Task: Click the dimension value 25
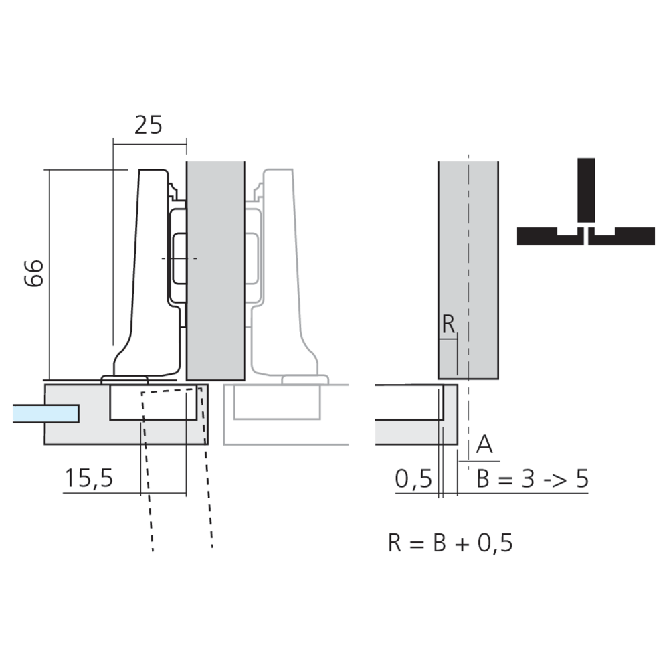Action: [x=149, y=125]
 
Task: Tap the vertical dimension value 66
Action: [x=33, y=273]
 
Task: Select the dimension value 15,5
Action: [x=89, y=478]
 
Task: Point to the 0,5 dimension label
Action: [x=413, y=479]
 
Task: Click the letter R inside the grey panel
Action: [x=448, y=324]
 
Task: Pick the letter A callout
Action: [x=484, y=445]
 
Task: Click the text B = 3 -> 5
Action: [x=533, y=479]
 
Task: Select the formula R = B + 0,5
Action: [x=450, y=543]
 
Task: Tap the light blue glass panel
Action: [x=45, y=414]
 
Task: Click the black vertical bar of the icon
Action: [x=586, y=190]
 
